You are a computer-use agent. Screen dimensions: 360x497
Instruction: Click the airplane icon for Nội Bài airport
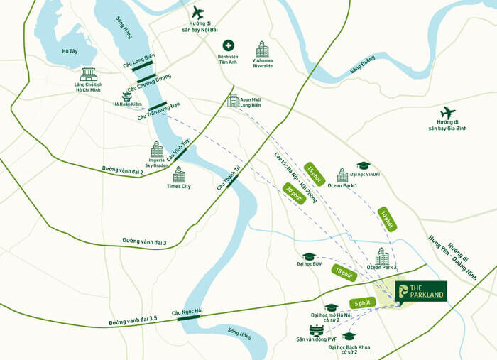click(197, 12)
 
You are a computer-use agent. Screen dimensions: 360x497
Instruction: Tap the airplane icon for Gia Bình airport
click(447, 113)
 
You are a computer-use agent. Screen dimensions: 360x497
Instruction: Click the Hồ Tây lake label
click(69, 50)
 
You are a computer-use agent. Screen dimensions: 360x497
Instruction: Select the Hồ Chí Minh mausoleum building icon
click(89, 74)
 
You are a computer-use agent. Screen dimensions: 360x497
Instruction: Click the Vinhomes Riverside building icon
click(263, 48)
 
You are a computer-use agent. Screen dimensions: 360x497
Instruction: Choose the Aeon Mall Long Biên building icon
click(233, 100)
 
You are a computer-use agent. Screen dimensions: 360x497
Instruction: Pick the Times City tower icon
click(179, 174)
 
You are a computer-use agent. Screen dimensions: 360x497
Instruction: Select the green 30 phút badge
click(293, 194)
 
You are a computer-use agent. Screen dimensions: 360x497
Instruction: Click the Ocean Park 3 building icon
click(382, 256)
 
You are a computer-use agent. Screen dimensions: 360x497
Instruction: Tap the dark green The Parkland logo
click(421, 291)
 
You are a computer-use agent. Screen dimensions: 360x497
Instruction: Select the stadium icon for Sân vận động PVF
click(316, 330)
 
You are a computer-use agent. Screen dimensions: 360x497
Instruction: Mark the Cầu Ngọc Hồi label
click(187, 311)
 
